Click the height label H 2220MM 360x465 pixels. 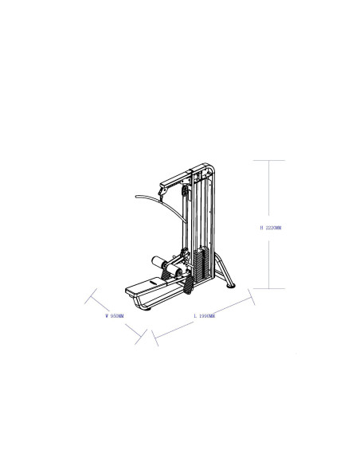(x=270, y=228)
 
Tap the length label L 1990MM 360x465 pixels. (x=204, y=316)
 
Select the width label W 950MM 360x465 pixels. (x=115, y=316)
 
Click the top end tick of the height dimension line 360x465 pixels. (x=270, y=160)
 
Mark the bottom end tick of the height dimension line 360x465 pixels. (x=270, y=288)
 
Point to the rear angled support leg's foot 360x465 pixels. (x=232, y=287)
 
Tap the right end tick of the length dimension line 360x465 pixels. (x=252, y=297)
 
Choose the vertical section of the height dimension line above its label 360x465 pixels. (x=270, y=191)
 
